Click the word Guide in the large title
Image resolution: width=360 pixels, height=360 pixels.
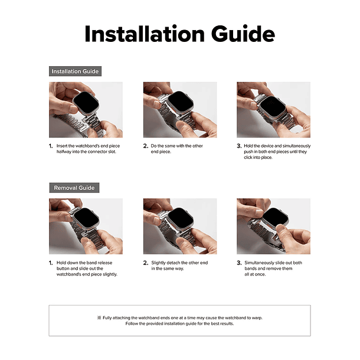tap(243, 34)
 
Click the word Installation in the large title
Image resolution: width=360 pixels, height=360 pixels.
tap(145, 34)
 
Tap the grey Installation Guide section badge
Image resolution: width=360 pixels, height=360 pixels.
tap(75, 71)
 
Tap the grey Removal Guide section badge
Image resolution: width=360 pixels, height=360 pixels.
tap(74, 188)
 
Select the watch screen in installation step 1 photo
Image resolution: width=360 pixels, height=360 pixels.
tap(86, 102)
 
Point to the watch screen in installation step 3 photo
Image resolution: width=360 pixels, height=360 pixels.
tap(273, 106)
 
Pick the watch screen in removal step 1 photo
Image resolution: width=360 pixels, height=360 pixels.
tap(86, 218)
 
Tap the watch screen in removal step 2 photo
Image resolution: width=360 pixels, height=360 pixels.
tap(181, 217)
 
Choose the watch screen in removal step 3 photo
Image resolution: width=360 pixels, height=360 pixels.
tap(275, 217)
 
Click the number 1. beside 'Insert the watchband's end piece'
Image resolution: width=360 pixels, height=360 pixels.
tap(51, 146)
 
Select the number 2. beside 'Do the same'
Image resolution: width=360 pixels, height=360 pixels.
tap(146, 146)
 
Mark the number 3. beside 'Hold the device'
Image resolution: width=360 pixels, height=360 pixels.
tap(239, 146)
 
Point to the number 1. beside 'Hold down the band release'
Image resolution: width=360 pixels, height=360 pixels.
tap(51, 263)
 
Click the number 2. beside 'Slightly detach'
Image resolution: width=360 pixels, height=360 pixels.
tap(146, 263)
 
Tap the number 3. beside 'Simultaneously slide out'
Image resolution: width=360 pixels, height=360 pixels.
tap(239, 263)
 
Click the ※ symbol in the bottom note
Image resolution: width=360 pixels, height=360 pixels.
tap(99, 318)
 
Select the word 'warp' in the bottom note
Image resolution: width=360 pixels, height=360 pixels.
tap(257, 318)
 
